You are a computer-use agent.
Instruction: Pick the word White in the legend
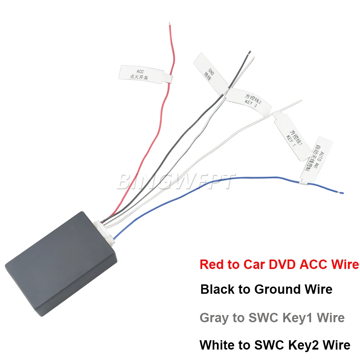217,345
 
